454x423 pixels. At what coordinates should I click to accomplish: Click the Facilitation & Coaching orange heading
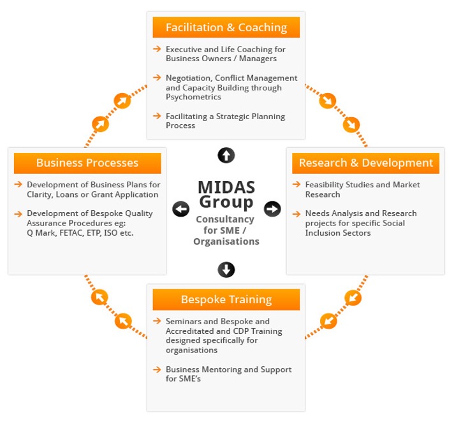[x=226, y=27]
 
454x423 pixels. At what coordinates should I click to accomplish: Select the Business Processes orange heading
[x=87, y=163]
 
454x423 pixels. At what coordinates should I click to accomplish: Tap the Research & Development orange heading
[x=365, y=163]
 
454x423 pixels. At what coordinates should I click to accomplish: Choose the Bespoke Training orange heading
[x=226, y=299]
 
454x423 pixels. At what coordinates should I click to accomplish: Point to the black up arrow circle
[x=226, y=154]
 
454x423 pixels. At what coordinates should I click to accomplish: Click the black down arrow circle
[x=226, y=269]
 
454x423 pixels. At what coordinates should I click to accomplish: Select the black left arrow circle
[x=181, y=209]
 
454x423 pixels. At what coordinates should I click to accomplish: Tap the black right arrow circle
[x=272, y=208]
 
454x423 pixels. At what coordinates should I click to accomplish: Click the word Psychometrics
[x=193, y=97]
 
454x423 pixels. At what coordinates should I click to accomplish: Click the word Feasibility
[x=326, y=185]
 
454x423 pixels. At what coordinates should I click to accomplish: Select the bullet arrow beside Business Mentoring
[x=157, y=369]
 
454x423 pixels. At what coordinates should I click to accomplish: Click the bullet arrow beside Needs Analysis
[x=297, y=213]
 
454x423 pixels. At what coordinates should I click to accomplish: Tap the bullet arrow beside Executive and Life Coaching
[x=157, y=49]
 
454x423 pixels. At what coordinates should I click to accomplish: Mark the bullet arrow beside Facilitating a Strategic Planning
[x=157, y=116]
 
